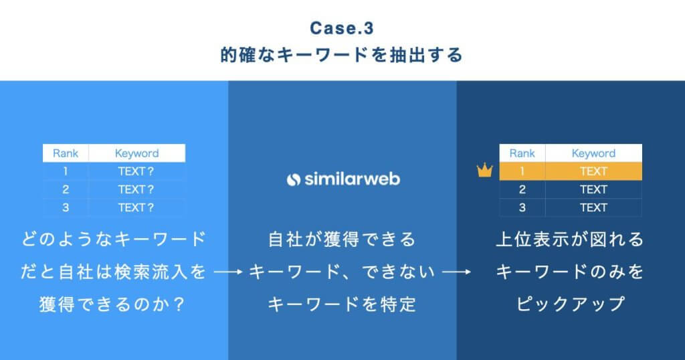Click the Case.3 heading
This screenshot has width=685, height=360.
tap(342, 29)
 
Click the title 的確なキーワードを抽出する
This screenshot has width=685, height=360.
tap(342, 56)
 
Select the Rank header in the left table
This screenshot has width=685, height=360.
tap(66, 153)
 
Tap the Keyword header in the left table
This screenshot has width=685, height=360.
tap(136, 153)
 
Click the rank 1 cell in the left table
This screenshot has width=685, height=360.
tap(66, 171)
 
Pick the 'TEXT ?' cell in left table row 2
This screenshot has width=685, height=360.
tap(136, 189)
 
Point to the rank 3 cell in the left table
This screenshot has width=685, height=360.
tap(66, 207)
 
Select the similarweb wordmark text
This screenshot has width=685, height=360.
tap(352, 179)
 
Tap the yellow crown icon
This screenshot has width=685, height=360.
tap(484, 171)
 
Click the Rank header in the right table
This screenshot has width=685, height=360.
tap(522, 153)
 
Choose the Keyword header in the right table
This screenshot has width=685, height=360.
tap(593, 153)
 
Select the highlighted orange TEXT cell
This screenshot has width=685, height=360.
tap(593, 171)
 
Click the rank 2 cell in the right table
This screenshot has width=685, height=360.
tap(522, 189)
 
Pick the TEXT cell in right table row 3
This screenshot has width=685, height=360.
tap(593, 207)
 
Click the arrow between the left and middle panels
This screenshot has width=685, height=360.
tap(227, 272)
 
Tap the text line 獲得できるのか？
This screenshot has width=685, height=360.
tap(113, 304)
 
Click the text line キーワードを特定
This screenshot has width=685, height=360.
tap(342, 304)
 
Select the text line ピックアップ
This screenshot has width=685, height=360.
tap(571, 304)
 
